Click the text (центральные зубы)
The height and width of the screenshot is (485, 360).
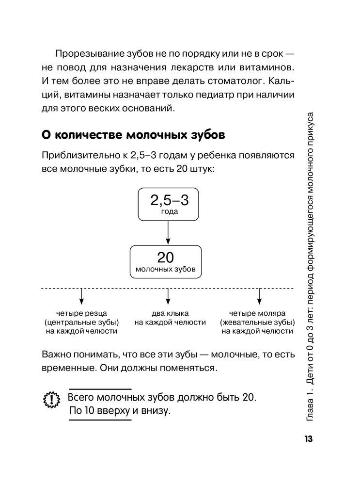[81, 322]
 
